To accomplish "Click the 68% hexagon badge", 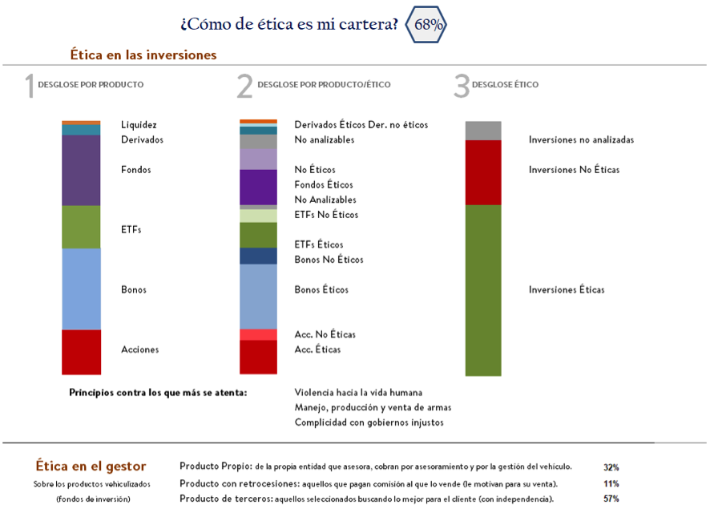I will click(x=426, y=24).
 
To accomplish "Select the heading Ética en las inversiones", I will click(x=143, y=55).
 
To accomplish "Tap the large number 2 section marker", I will click(x=244, y=86).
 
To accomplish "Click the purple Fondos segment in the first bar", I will click(x=81, y=170).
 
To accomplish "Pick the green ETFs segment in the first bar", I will click(x=81, y=227).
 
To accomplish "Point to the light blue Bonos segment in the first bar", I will click(x=81, y=289).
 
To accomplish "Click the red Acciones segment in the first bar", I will click(x=81, y=351).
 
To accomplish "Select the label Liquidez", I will click(x=139, y=124).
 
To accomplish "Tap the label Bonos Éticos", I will click(x=321, y=289).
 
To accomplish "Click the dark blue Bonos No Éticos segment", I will click(x=258, y=256).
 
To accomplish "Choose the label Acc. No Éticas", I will click(x=325, y=334).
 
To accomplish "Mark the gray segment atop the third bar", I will click(x=483, y=131).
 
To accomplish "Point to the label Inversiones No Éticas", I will click(x=574, y=170).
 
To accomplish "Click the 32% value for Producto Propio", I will click(x=611, y=467).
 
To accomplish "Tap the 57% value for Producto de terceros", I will click(x=611, y=499).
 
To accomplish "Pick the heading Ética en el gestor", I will click(x=91, y=467).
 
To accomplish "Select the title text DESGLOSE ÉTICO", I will click(x=505, y=84).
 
